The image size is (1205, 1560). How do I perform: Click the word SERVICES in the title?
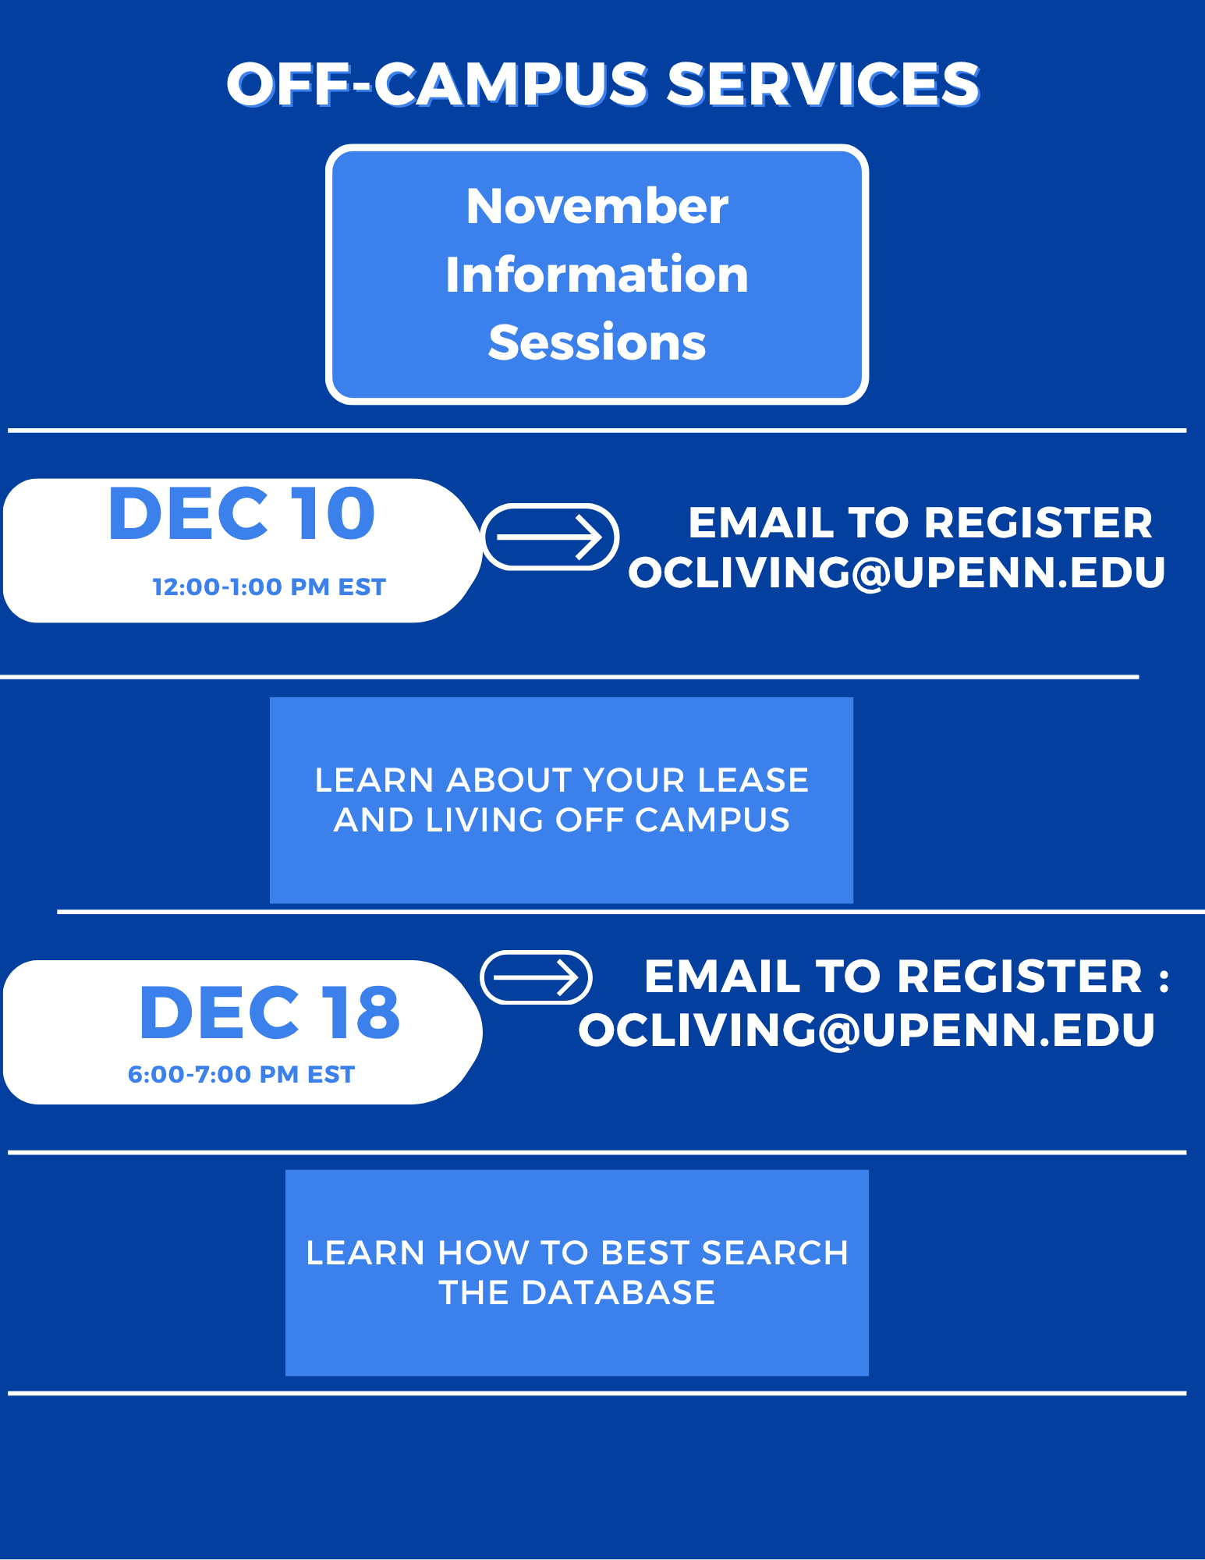click(x=823, y=84)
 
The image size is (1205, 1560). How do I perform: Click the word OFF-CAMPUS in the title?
click(x=437, y=84)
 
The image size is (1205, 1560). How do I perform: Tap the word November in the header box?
click(x=597, y=207)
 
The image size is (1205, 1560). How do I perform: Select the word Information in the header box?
click(x=597, y=275)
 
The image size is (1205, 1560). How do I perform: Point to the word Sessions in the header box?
click(x=597, y=342)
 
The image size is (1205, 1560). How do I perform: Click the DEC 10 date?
click(x=242, y=514)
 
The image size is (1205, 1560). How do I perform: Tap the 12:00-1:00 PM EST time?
click(x=269, y=587)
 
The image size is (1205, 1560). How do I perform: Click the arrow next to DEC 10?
click(x=550, y=537)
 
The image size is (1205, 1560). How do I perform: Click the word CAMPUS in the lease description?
click(x=712, y=820)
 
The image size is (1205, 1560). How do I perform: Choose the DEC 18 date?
click(x=269, y=1012)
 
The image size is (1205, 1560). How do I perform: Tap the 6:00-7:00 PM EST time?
click(x=241, y=1074)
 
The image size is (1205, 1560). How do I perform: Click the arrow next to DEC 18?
click(x=536, y=977)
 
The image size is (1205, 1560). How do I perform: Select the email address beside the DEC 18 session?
click(x=867, y=1030)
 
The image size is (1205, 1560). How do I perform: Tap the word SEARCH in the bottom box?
click(x=774, y=1253)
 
